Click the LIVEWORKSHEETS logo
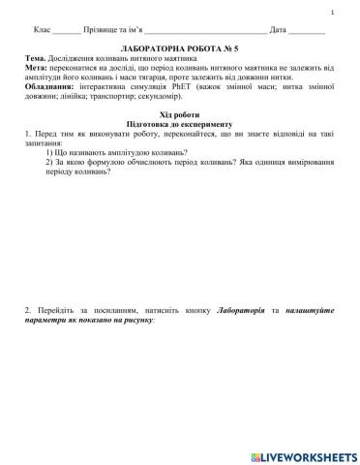tap(303, 455)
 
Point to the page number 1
tap(332, 12)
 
